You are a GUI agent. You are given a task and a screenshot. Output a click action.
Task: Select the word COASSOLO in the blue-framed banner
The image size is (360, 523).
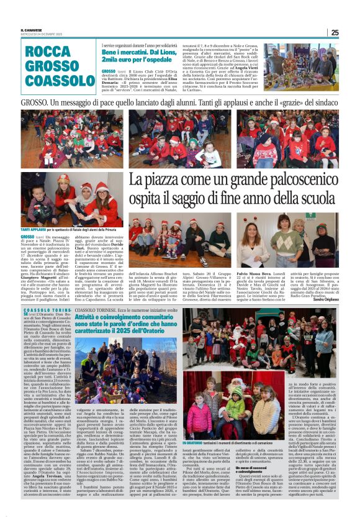pos(60,81)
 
